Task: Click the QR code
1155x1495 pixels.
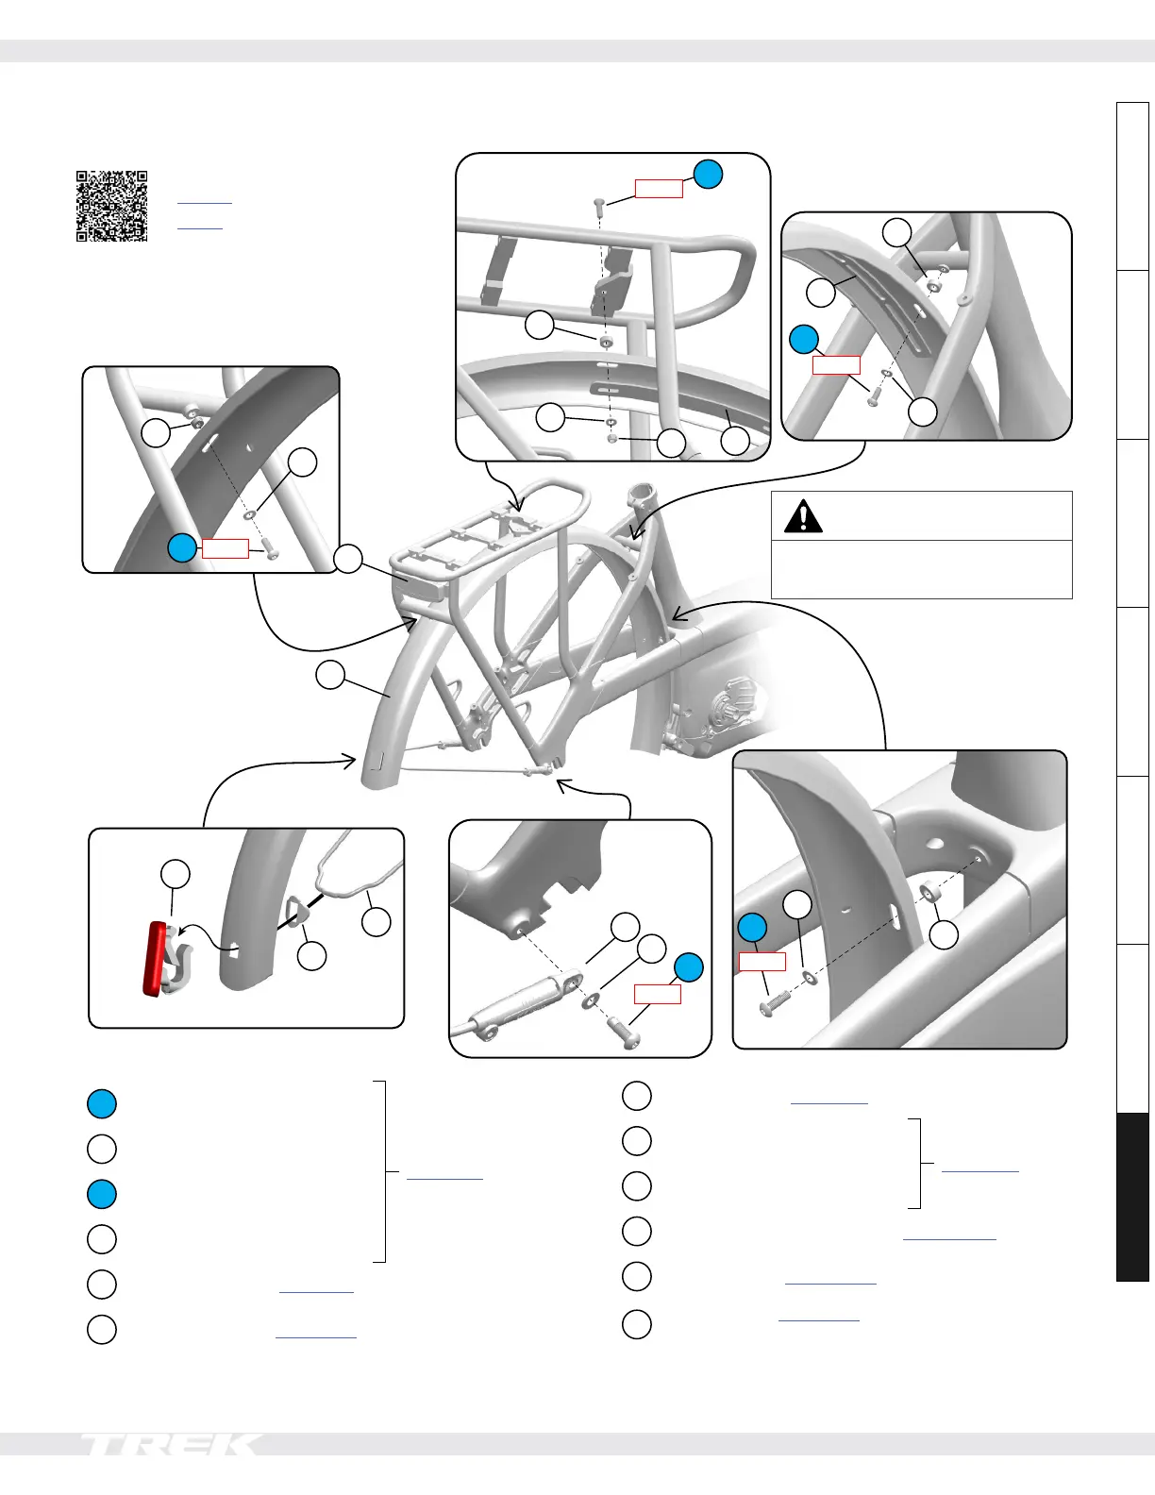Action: coord(111,206)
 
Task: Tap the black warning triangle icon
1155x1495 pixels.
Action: coord(803,517)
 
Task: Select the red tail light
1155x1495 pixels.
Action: coord(156,959)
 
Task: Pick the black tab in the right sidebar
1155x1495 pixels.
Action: coord(1132,1197)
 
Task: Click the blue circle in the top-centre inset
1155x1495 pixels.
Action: coord(708,174)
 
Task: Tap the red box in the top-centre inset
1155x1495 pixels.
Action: coord(659,189)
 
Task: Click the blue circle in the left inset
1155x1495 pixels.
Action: coord(182,547)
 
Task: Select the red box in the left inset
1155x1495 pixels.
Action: coord(225,548)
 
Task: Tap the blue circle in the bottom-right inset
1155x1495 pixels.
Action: coord(752,928)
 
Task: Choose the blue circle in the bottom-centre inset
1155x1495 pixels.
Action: coord(688,967)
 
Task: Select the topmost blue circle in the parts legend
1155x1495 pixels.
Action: coord(102,1103)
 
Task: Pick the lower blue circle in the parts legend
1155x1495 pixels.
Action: coord(102,1194)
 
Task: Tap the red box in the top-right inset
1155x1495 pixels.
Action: coord(836,364)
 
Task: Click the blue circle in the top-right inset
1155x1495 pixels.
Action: coord(803,339)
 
